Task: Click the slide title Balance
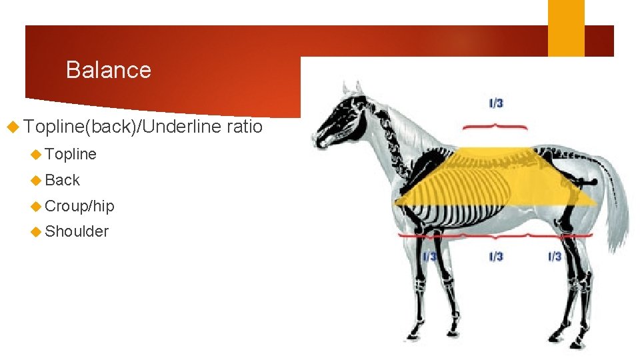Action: coord(109,70)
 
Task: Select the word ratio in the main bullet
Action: coord(245,126)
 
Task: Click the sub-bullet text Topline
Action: coord(71,154)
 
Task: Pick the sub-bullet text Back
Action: coord(62,180)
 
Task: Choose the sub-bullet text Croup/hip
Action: coord(79,206)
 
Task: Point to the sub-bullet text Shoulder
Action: coord(77,231)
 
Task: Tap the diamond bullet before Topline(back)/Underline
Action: coord(11,127)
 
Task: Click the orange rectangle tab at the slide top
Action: coord(566,28)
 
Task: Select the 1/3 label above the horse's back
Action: coord(496,103)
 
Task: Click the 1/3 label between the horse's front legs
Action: coord(430,257)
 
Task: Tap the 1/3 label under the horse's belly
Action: coord(496,257)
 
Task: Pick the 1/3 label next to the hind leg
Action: coord(555,257)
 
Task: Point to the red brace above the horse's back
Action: coord(495,125)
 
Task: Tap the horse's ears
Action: coord(351,88)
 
